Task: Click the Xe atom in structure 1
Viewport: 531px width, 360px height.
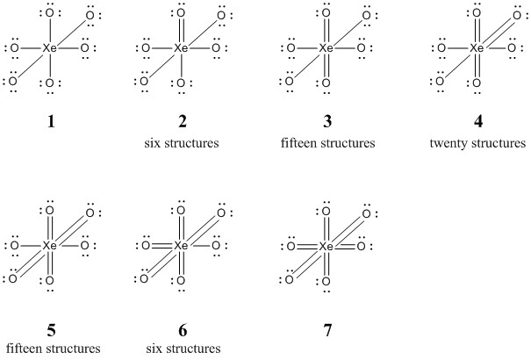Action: pyautogui.click(x=50, y=48)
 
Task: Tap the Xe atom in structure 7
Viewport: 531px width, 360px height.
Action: pyautogui.click(x=326, y=247)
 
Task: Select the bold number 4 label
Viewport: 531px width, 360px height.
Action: pyautogui.click(x=477, y=121)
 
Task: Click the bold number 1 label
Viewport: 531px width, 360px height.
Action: pyautogui.click(x=51, y=121)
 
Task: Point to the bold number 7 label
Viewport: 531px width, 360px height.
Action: pyautogui.click(x=327, y=330)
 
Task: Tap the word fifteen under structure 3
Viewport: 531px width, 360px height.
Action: pyautogui.click(x=299, y=143)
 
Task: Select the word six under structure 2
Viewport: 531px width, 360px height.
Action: pyautogui.click(x=152, y=143)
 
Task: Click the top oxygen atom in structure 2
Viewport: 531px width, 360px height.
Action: pyautogui.click(x=181, y=13)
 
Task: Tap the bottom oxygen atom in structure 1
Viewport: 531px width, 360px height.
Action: pyautogui.click(x=50, y=83)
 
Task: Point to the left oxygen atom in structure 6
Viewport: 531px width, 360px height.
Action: pyautogui.click(x=146, y=246)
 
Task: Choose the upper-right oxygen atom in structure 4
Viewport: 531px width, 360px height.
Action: pyautogui.click(x=517, y=16)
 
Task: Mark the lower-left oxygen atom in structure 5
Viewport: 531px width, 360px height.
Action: pyautogui.click(x=12, y=278)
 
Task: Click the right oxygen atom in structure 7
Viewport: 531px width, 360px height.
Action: pyautogui.click(x=362, y=247)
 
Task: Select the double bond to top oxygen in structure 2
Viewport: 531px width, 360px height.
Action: pyautogui.click(x=181, y=31)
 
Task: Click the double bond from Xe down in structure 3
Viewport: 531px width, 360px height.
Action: pyautogui.click(x=326, y=66)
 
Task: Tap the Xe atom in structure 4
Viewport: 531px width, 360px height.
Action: pyautogui.click(x=477, y=48)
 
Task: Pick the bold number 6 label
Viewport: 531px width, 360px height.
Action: pyautogui.click(x=183, y=330)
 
